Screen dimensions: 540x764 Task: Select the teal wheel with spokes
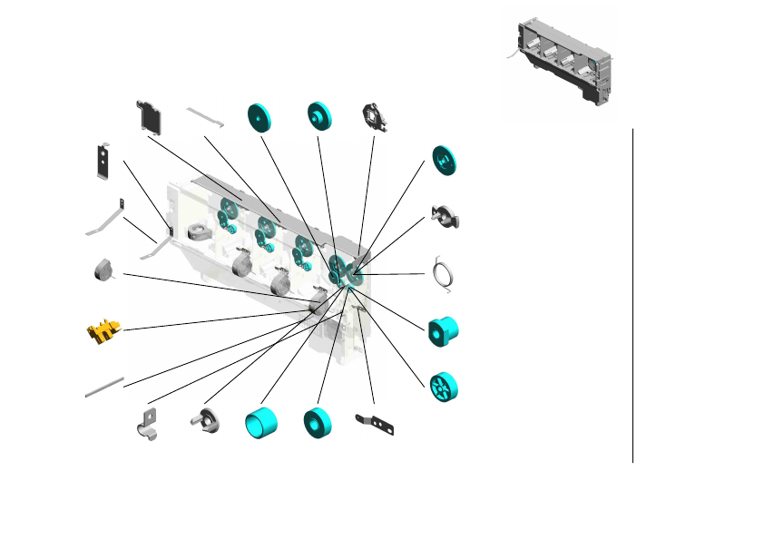pyautogui.click(x=445, y=386)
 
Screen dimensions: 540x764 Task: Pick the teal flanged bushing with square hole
pyautogui.click(x=445, y=330)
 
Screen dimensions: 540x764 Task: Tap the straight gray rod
pyautogui.click(x=104, y=388)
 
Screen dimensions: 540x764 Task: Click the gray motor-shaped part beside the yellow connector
pyautogui.click(x=103, y=270)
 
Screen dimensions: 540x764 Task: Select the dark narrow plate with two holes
pyautogui.click(x=103, y=161)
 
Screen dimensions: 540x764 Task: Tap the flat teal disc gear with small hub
pyautogui.click(x=261, y=116)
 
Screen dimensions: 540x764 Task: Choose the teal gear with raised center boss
pyautogui.click(x=318, y=115)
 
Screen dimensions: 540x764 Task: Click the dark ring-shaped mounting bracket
pyautogui.click(x=375, y=116)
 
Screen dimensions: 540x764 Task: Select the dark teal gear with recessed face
pyautogui.click(x=445, y=161)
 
